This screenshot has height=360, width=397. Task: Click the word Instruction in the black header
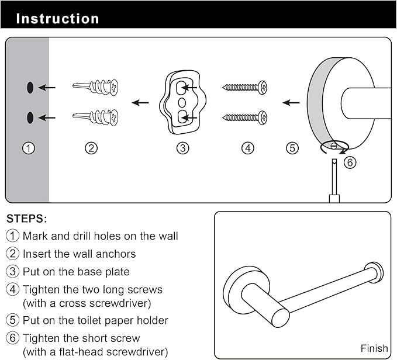coord(57,19)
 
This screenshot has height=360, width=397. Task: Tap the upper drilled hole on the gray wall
coord(30,88)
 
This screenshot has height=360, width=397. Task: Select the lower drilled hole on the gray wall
coord(30,117)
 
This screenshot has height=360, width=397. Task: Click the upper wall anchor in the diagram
coord(96,86)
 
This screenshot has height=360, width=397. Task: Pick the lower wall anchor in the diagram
coord(96,117)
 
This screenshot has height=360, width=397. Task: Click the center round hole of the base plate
coord(182,103)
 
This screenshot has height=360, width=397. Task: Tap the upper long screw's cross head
coord(263,88)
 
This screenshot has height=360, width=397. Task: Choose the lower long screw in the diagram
coord(244,117)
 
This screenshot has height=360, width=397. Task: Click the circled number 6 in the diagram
coord(350,162)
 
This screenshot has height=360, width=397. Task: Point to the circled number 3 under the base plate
coord(182,148)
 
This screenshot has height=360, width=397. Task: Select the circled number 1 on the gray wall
coord(29,148)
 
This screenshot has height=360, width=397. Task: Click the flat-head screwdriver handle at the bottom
coord(334,199)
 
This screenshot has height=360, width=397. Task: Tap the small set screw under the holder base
coord(334,146)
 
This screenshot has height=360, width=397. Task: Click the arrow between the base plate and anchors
coord(140,103)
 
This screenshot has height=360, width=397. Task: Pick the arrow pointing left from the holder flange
coord(291,103)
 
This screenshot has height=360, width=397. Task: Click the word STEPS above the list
coord(26,219)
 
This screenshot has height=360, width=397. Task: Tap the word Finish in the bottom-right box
coord(374,348)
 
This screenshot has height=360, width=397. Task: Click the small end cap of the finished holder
coord(374,272)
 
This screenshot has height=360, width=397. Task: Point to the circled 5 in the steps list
coord(12,320)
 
